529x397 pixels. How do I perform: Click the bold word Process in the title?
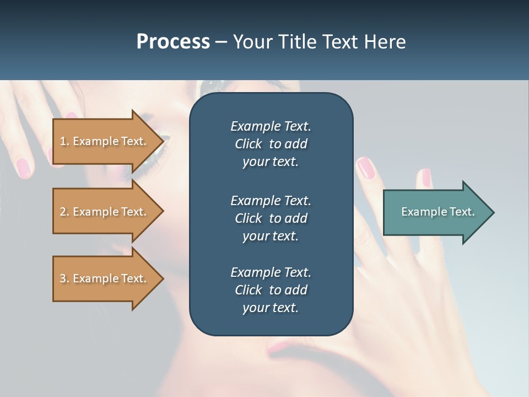click(x=173, y=42)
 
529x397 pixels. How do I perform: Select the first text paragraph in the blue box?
click(x=271, y=144)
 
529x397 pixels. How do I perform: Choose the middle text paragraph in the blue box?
click(x=271, y=218)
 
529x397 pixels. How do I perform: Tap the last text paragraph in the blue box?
click(x=271, y=290)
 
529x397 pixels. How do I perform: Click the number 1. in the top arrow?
click(x=64, y=141)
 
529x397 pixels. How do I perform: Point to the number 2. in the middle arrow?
click(x=64, y=212)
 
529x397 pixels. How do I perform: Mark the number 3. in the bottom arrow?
click(x=64, y=278)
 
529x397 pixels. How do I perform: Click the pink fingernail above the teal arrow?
click(x=426, y=177)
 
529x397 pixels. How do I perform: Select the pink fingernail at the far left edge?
click(x=23, y=168)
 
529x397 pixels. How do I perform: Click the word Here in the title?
click(x=385, y=42)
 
